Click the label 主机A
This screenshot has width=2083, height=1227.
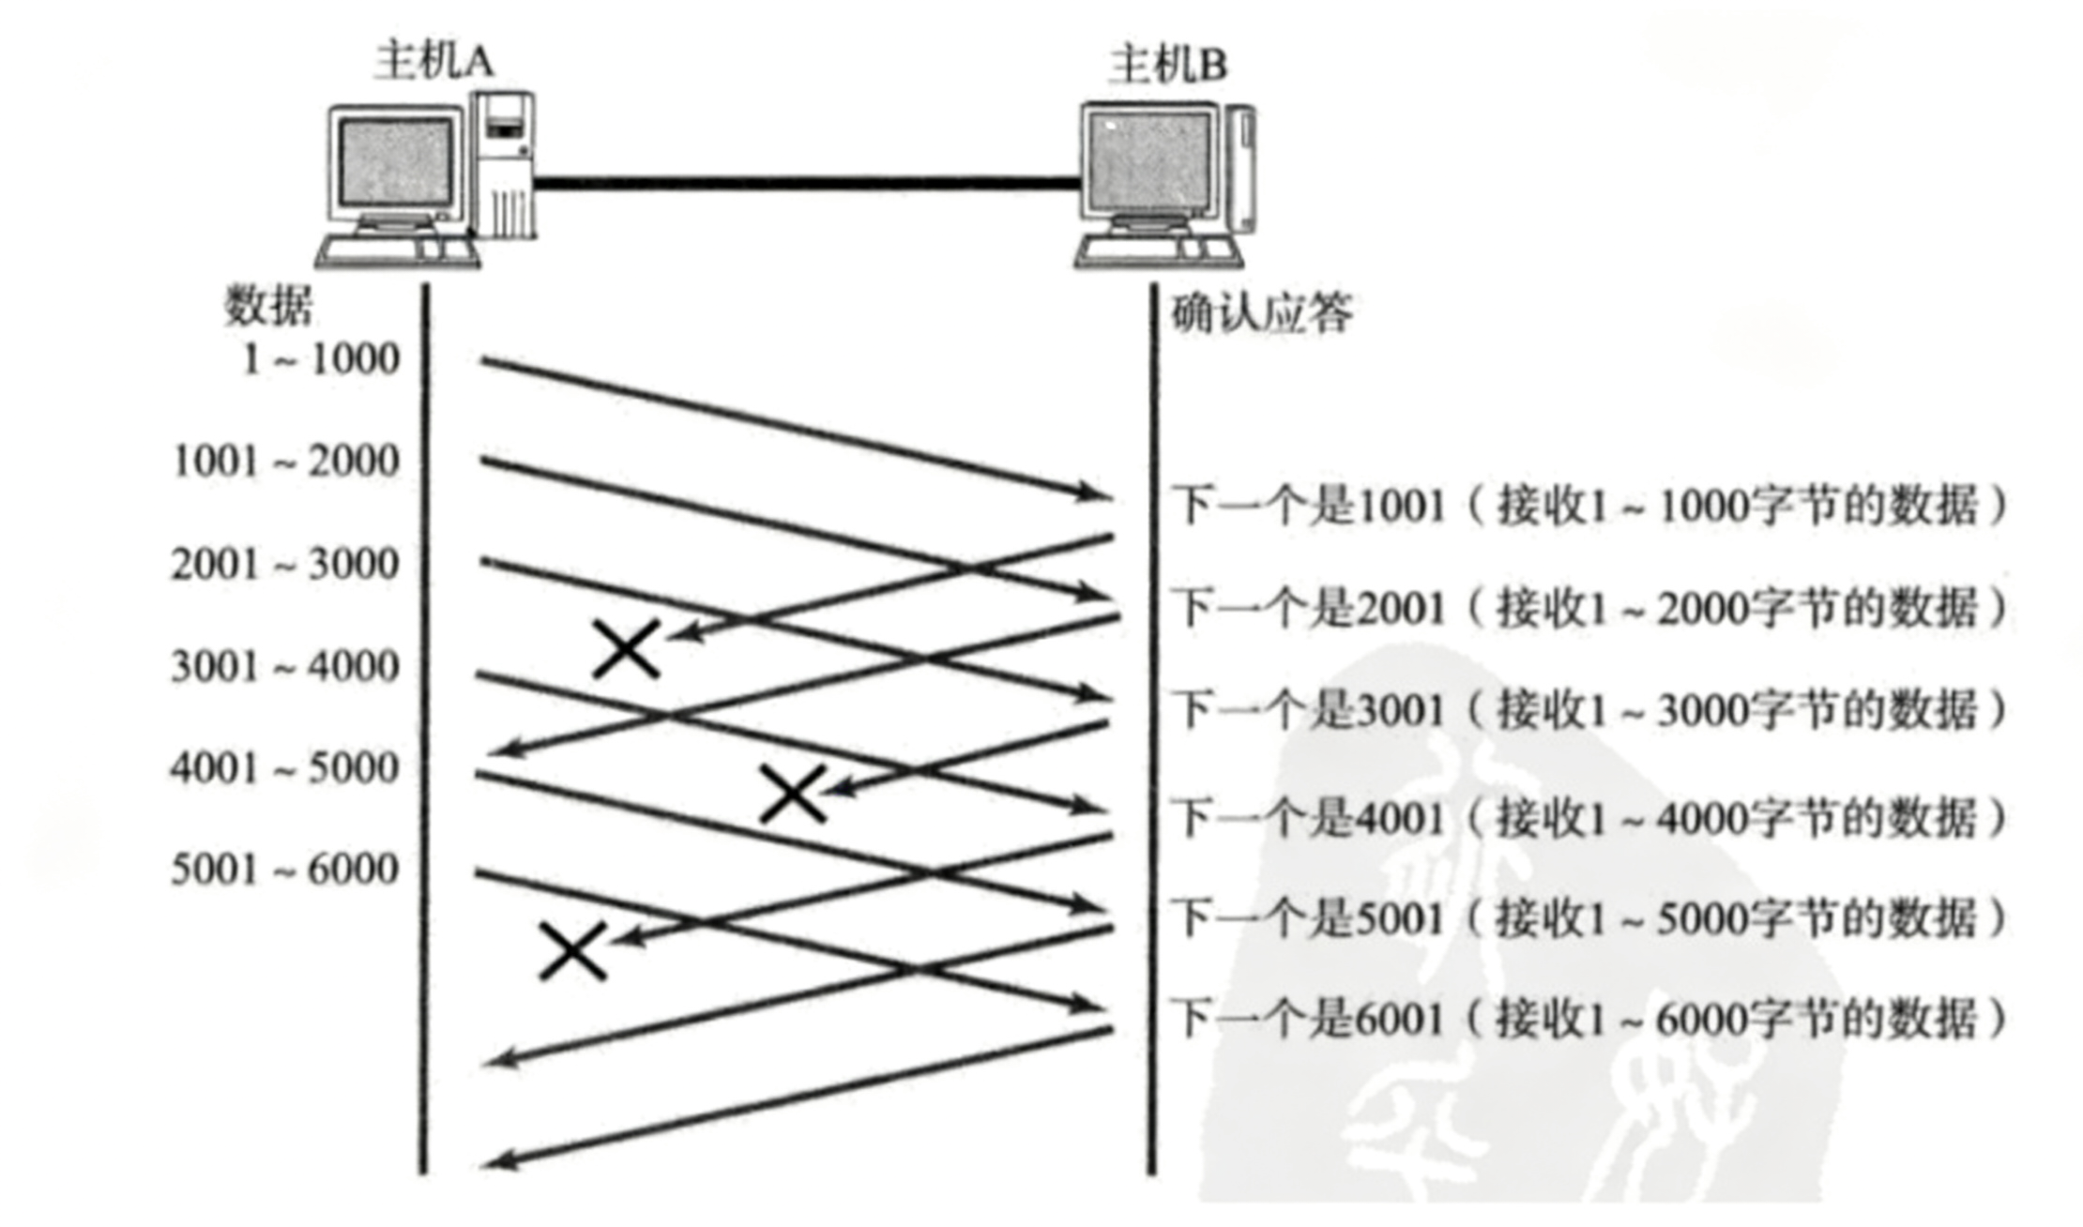(x=433, y=62)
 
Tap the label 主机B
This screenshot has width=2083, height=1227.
(x=1167, y=65)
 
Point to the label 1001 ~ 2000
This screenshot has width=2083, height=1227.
(x=286, y=461)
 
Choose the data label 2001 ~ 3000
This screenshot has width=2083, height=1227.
(x=285, y=564)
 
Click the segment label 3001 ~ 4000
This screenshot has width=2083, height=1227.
(x=285, y=666)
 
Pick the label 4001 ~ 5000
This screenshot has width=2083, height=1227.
(x=285, y=768)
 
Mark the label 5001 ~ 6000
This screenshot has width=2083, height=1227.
(x=285, y=870)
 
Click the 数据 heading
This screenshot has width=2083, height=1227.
(x=267, y=305)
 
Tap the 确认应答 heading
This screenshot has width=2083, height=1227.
(x=1261, y=313)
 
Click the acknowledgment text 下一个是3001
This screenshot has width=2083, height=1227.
(x=1308, y=710)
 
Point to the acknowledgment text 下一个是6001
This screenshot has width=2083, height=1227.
(x=1308, y=1019)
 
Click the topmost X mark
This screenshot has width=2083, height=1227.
(x=627, y=649)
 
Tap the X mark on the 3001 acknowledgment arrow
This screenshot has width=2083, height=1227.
(x=793, y=794)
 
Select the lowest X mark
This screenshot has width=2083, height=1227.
(x=572, y=951)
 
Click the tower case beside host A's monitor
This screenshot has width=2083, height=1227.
(x=504, y=164)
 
